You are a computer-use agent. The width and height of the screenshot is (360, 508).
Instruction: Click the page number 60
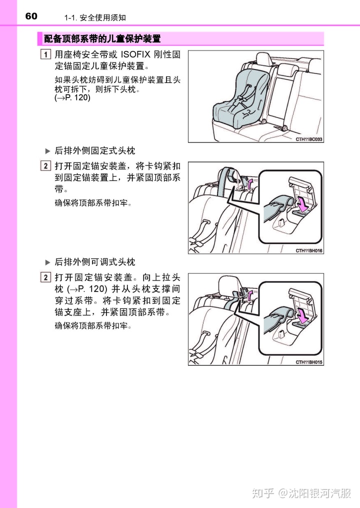click(x=31, y=16)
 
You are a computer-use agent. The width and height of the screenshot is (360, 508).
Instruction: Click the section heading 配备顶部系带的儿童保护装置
click(x=102, y=39)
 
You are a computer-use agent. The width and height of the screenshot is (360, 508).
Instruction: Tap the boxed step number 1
click(x=45, y=54)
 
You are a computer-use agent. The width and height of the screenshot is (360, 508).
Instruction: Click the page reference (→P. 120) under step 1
click(x=72, y=97)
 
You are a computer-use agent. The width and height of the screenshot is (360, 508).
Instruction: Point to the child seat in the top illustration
click(x=241, y=98)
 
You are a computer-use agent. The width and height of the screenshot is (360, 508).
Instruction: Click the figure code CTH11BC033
click(x=309, y=139)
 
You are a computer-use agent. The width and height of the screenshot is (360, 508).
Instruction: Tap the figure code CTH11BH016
click(x=309, y=251)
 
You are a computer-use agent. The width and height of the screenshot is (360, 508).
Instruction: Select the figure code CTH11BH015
click(x=309, y=362)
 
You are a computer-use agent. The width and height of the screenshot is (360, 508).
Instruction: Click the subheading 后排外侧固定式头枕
click(x=94, y=150)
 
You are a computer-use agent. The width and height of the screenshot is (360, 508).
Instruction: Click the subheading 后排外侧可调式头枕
click(x=94, y=262)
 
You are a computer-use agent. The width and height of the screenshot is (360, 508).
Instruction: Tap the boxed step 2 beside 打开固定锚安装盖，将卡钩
click(x=45, y=165)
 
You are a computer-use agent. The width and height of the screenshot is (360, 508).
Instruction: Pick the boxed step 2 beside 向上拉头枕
click(x=45, y=277)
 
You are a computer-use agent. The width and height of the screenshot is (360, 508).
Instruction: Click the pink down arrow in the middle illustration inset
click(x=302, y=205)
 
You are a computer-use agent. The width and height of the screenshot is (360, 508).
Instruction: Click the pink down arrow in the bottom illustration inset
click(x=302, y=316)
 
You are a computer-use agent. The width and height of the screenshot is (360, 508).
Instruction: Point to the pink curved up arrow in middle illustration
click(x=249, y=183)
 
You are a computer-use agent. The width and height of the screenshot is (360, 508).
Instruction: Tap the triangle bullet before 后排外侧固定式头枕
click(x=47, y=151)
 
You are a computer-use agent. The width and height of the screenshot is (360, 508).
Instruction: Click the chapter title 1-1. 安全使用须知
click(x=95, y=17)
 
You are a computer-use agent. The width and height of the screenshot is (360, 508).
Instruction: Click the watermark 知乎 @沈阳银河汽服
click(x=301, y=493)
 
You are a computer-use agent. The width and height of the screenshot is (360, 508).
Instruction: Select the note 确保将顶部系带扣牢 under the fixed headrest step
click(x=93, y=203)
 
